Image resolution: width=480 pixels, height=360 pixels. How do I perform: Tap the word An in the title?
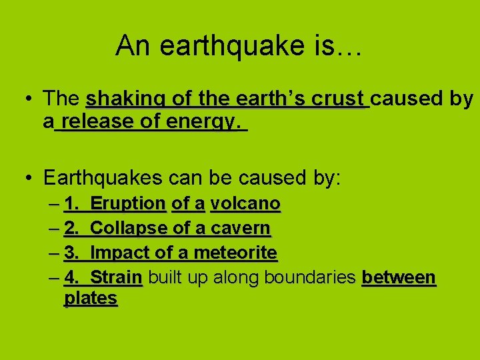129,46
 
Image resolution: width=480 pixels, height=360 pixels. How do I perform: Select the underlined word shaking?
127,99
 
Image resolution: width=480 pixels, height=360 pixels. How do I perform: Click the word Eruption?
127,204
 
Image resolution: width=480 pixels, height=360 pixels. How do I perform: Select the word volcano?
245,203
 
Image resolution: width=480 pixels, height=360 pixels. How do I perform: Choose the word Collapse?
129,228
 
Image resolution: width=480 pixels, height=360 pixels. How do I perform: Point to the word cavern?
241,228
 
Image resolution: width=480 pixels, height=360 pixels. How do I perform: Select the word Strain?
116,277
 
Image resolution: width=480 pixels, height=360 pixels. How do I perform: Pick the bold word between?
399,277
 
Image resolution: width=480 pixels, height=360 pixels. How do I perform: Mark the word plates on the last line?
91,298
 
